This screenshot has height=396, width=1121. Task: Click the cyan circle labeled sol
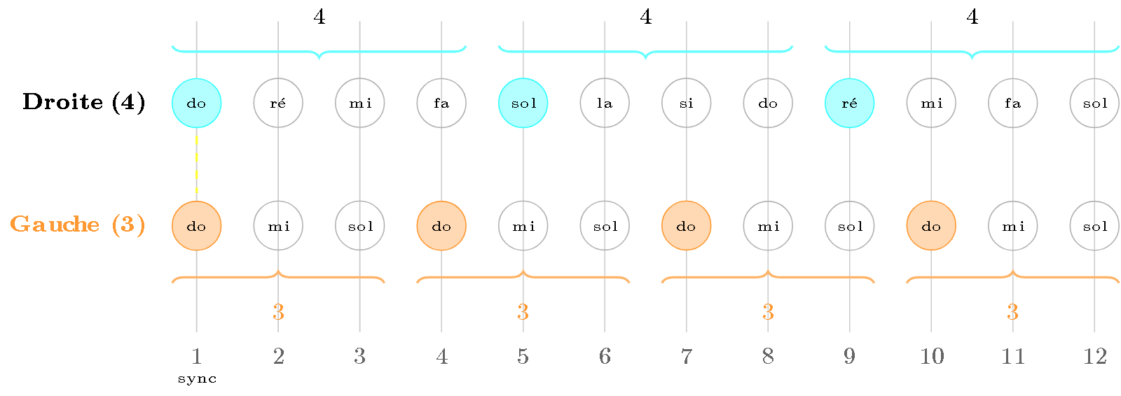click(523, 104)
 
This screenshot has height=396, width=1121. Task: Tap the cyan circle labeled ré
click(849, 104)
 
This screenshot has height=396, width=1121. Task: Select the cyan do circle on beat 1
click(197, 104)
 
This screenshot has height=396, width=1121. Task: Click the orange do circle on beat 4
click(441, 226)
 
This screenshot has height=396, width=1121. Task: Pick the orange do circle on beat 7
click(687, 226)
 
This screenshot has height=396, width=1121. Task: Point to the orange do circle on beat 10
click(931, 226)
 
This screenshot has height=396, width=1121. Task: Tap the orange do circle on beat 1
click(197, 226)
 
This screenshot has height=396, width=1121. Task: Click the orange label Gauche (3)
click(78, 225)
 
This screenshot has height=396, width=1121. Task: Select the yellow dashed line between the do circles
click(197, 164)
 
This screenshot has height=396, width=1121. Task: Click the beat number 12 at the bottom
click(1094, 357)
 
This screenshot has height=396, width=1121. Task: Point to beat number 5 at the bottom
click(523, 357)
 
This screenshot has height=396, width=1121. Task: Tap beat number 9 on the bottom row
click(849, 357)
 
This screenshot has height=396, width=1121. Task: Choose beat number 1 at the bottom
click(197, 357)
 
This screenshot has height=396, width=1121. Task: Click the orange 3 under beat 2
click(278, 312)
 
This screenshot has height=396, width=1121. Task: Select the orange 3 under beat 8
click(768, 312)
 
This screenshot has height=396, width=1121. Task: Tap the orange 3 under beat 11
click(1012, 312)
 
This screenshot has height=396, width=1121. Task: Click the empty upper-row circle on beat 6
click(605, 104)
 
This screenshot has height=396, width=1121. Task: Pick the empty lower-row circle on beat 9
click(849, 226)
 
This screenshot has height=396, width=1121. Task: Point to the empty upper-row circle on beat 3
click(360, 104)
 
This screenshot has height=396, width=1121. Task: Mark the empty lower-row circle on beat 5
click(523, 226)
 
